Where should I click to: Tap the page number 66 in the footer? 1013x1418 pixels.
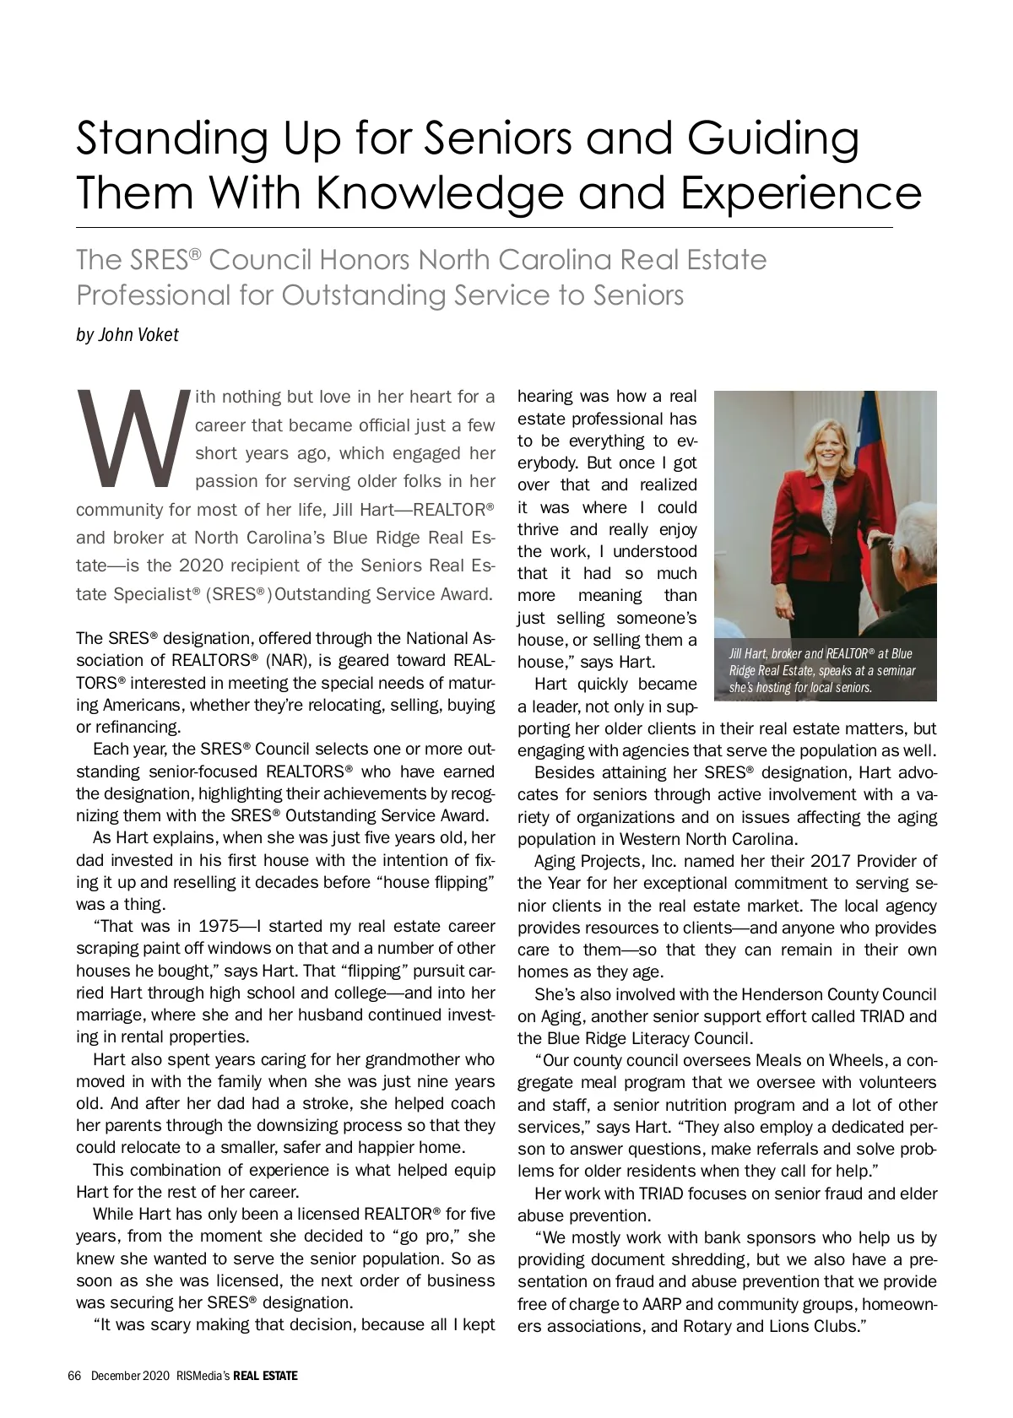73,1376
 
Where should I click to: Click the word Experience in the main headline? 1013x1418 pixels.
800,193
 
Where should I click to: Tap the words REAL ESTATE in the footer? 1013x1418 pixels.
265,1376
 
